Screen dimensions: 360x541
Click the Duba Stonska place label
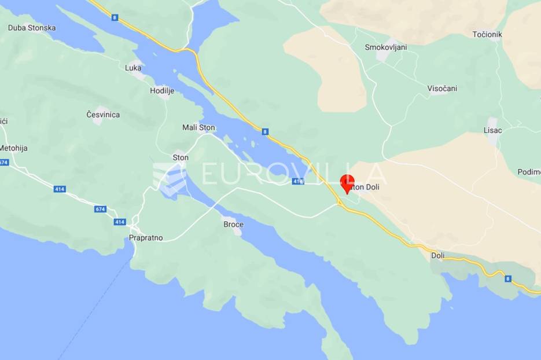click(x=32, y=28)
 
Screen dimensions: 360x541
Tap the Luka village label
click(x=133, y=68)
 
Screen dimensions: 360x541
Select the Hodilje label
click(x=162, y=91)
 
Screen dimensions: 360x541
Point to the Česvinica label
click(x=103, y=115)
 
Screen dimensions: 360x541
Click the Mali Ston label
click(x=198, y=128)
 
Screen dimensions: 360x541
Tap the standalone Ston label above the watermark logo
click(x=181, y=157)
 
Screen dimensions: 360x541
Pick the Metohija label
click(x=13, y=148)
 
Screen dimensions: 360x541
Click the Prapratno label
click(x=146, y=238)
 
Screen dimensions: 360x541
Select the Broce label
click(x=233, y=225)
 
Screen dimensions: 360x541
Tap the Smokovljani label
click(x=385, y=47)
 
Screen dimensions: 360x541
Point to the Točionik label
click(x=487, y=35)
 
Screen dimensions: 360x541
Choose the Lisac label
click(x=493, y=130)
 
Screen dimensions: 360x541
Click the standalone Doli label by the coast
click(x=438, y=255)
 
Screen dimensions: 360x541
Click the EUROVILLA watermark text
click(x=292, y=174)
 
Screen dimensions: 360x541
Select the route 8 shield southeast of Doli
click(x=508, y=279)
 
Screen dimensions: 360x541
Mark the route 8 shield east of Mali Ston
click(x=264, y=132)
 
